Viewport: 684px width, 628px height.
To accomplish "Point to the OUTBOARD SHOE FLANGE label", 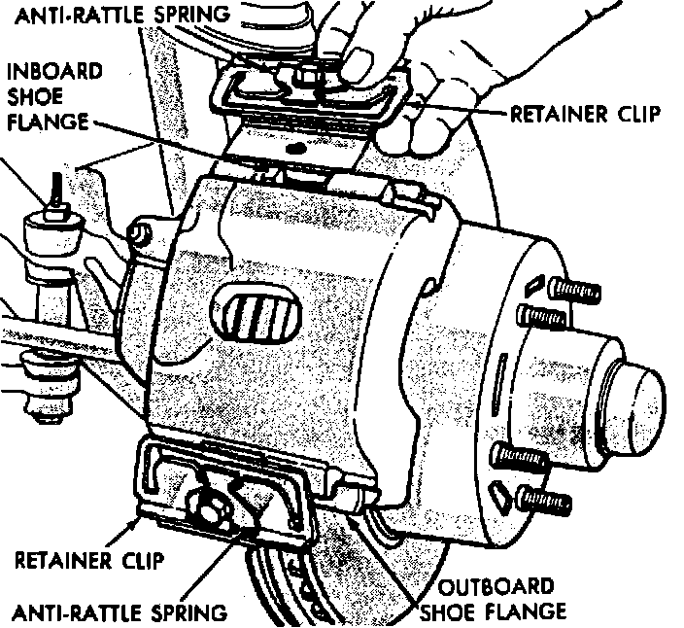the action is coord(495,599).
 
